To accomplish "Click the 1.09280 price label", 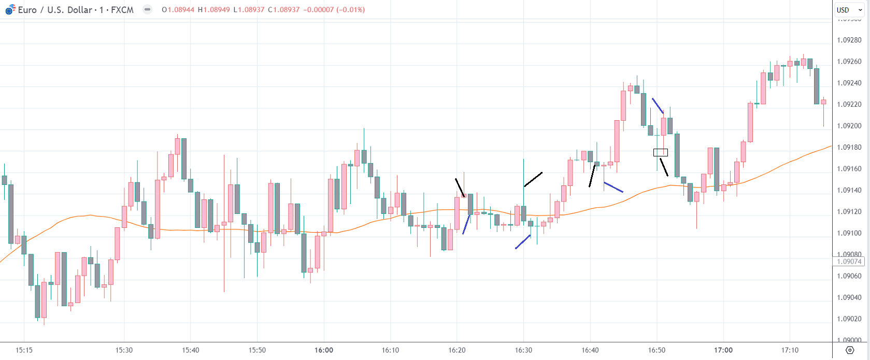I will click(x=849, y=40).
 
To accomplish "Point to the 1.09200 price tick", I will click(x=849, y=126).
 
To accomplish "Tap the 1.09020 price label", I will click(x=849, y=319).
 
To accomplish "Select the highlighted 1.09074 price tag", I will click(x=849, y=262).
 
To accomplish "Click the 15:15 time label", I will click(x=24, y=350).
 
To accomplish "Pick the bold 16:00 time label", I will click(x=324, y=350).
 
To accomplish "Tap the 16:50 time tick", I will click(x=657, y=350).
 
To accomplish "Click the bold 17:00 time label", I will click(x=723, y=350).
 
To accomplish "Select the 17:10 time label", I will click(x=790, y=350).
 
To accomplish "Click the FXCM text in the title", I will click(x=122, y=10).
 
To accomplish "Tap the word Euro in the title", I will click(x=27, y=10).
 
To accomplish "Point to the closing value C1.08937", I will click(x=284, y=10).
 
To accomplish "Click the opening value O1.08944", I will click(x=178, y=10).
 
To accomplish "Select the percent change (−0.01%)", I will click(x=352, y=10).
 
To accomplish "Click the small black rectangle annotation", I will click(x=660, y=152).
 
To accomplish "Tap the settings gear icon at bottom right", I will click(x=850, y=350).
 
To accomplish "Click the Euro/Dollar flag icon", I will click(x=10, y=10).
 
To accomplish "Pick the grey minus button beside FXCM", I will click(x=148, y=9).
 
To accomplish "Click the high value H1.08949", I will click(x=214, y=10).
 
